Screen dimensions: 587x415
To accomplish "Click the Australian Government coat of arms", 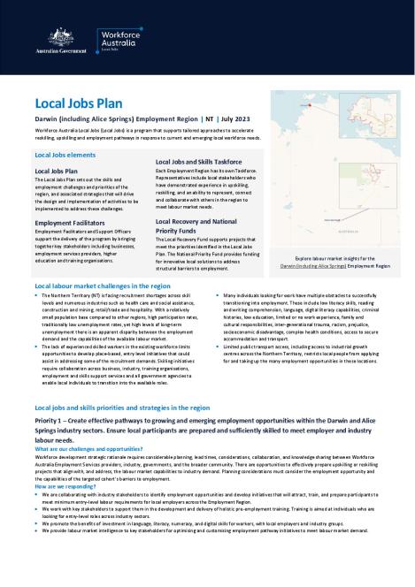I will coord(60,38).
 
